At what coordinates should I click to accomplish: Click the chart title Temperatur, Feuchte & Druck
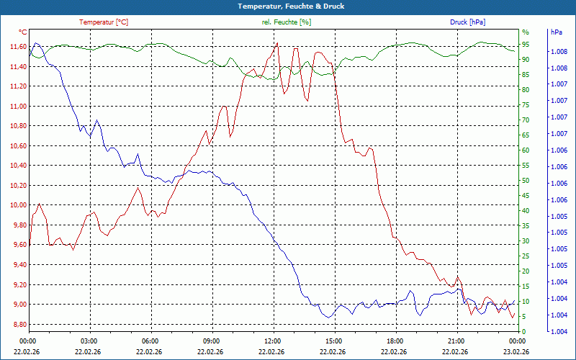(x=287, y=6)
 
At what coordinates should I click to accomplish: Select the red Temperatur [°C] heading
(x=104, y=22)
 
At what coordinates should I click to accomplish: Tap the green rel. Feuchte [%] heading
(x=287, y=22)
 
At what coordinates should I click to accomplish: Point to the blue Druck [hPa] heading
(x=467, y=22)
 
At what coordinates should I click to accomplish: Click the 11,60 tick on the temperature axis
(x=18, y=47)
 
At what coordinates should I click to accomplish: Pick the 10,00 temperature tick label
(x=18, y=205)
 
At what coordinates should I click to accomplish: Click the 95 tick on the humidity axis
(x=526, y=44)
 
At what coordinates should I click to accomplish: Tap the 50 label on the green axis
(x=526, y=180)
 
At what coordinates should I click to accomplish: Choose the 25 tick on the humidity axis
(x=526, y=256)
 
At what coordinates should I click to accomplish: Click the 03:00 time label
(x=89, y=341)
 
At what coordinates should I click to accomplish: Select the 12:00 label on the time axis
(x=273, y=341)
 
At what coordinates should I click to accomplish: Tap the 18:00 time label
(x=395, y=341)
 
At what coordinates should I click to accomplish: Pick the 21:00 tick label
(x=456, y=341)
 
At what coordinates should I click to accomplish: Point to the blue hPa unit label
(x=557, y=32)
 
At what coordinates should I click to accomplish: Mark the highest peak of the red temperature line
(x=277, y=43)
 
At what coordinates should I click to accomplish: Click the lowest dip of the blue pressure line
(x=329, y=317)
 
